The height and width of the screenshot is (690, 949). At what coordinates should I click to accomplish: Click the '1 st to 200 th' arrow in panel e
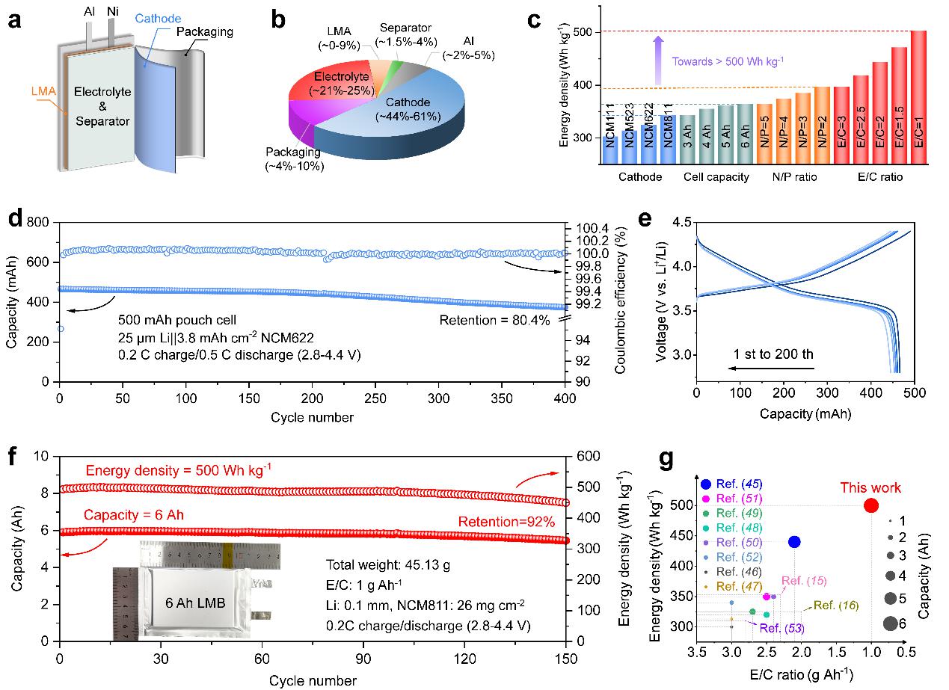tap(771, 368)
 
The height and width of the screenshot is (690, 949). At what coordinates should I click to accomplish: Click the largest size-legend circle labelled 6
tap(889, 623)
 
